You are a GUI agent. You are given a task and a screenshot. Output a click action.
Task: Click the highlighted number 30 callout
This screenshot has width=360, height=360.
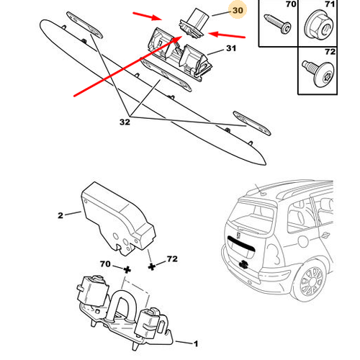click(x=238, y=10)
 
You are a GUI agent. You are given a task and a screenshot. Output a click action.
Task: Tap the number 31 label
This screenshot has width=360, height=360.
click(x=231, y=48)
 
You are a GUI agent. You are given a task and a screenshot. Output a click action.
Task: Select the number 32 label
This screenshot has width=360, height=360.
click(x=125, y=122)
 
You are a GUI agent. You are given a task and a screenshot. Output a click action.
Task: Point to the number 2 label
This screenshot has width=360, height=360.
click(x=60, y=215)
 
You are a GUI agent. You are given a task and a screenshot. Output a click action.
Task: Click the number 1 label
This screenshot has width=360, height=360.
click(x=196, y=343)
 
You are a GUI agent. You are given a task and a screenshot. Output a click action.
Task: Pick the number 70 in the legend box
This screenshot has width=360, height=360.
click(x=291, y=4)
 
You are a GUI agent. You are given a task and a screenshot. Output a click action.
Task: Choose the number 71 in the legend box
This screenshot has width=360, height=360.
click(x=330, y=4)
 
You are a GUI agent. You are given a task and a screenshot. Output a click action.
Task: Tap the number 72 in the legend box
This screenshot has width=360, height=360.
click(x=330, y=52)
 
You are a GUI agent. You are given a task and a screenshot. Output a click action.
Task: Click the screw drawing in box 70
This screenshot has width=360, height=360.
click(x=278, y=24)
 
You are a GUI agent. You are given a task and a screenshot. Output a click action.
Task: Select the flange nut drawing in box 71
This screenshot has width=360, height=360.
click(x=318, y=25)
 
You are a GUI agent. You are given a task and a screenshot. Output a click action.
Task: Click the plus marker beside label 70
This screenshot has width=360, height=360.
click(x=127, y=270)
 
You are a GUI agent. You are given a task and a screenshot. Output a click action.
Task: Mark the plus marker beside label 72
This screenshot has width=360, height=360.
click(x=151, y=266)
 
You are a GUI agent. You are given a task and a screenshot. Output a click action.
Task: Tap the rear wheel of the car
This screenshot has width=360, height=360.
click(x=311, y=280)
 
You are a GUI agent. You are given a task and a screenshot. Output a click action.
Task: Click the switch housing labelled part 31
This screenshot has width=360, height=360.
click(x=178, y=55)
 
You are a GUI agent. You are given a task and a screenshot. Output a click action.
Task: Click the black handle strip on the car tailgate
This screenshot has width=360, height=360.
click(x=241, y=246)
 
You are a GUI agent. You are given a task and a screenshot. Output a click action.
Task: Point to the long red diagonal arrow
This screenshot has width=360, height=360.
click(x=128, y=66)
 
